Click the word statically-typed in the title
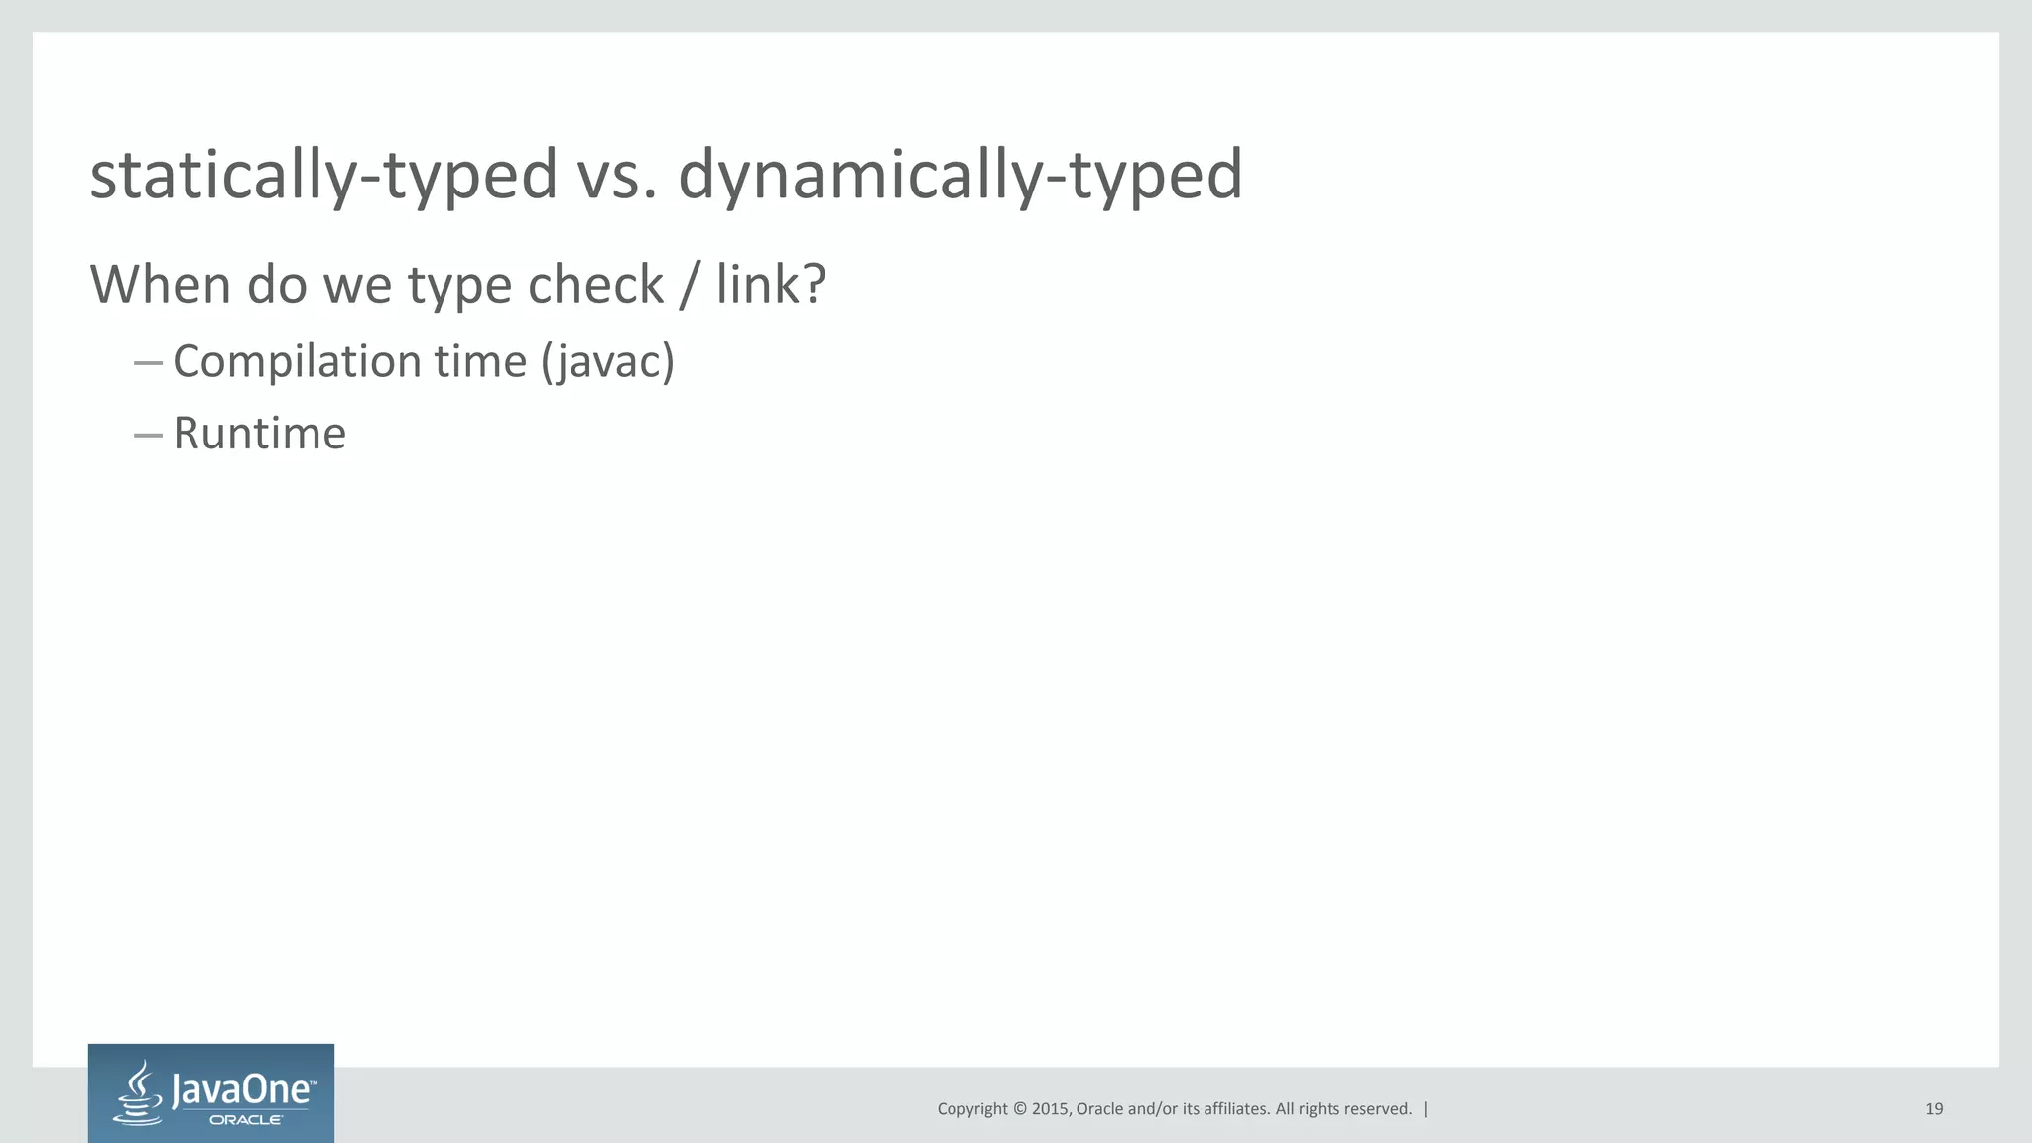(323, 175)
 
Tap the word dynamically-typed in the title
(960, 175)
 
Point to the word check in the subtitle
(595, 284)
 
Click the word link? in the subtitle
(771, 284)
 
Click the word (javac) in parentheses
(608, 361)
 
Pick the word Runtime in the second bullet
(260, 434)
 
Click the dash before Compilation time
(148, 363)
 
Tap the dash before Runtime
(148, 435)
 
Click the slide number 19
(1934, 1109)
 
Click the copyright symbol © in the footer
(1019, 1109)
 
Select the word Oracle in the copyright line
(1099, 1109)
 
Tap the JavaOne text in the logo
(243, 1091)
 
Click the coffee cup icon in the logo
(140, 1092)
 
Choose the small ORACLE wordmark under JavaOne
(246, 1120)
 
